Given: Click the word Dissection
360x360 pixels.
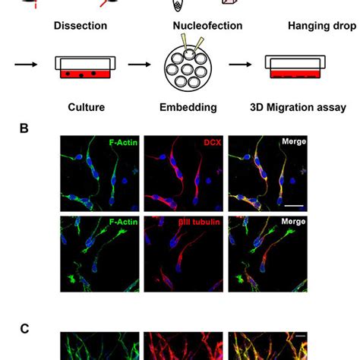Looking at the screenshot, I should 80,27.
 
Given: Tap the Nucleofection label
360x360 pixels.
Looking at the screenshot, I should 208,27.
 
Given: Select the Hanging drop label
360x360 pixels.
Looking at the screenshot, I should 321,27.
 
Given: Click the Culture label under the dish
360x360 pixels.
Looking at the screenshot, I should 80,107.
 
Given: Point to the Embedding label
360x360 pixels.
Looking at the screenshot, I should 187,107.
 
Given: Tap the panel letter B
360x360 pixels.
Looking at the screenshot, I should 24,129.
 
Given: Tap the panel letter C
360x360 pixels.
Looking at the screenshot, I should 24,328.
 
